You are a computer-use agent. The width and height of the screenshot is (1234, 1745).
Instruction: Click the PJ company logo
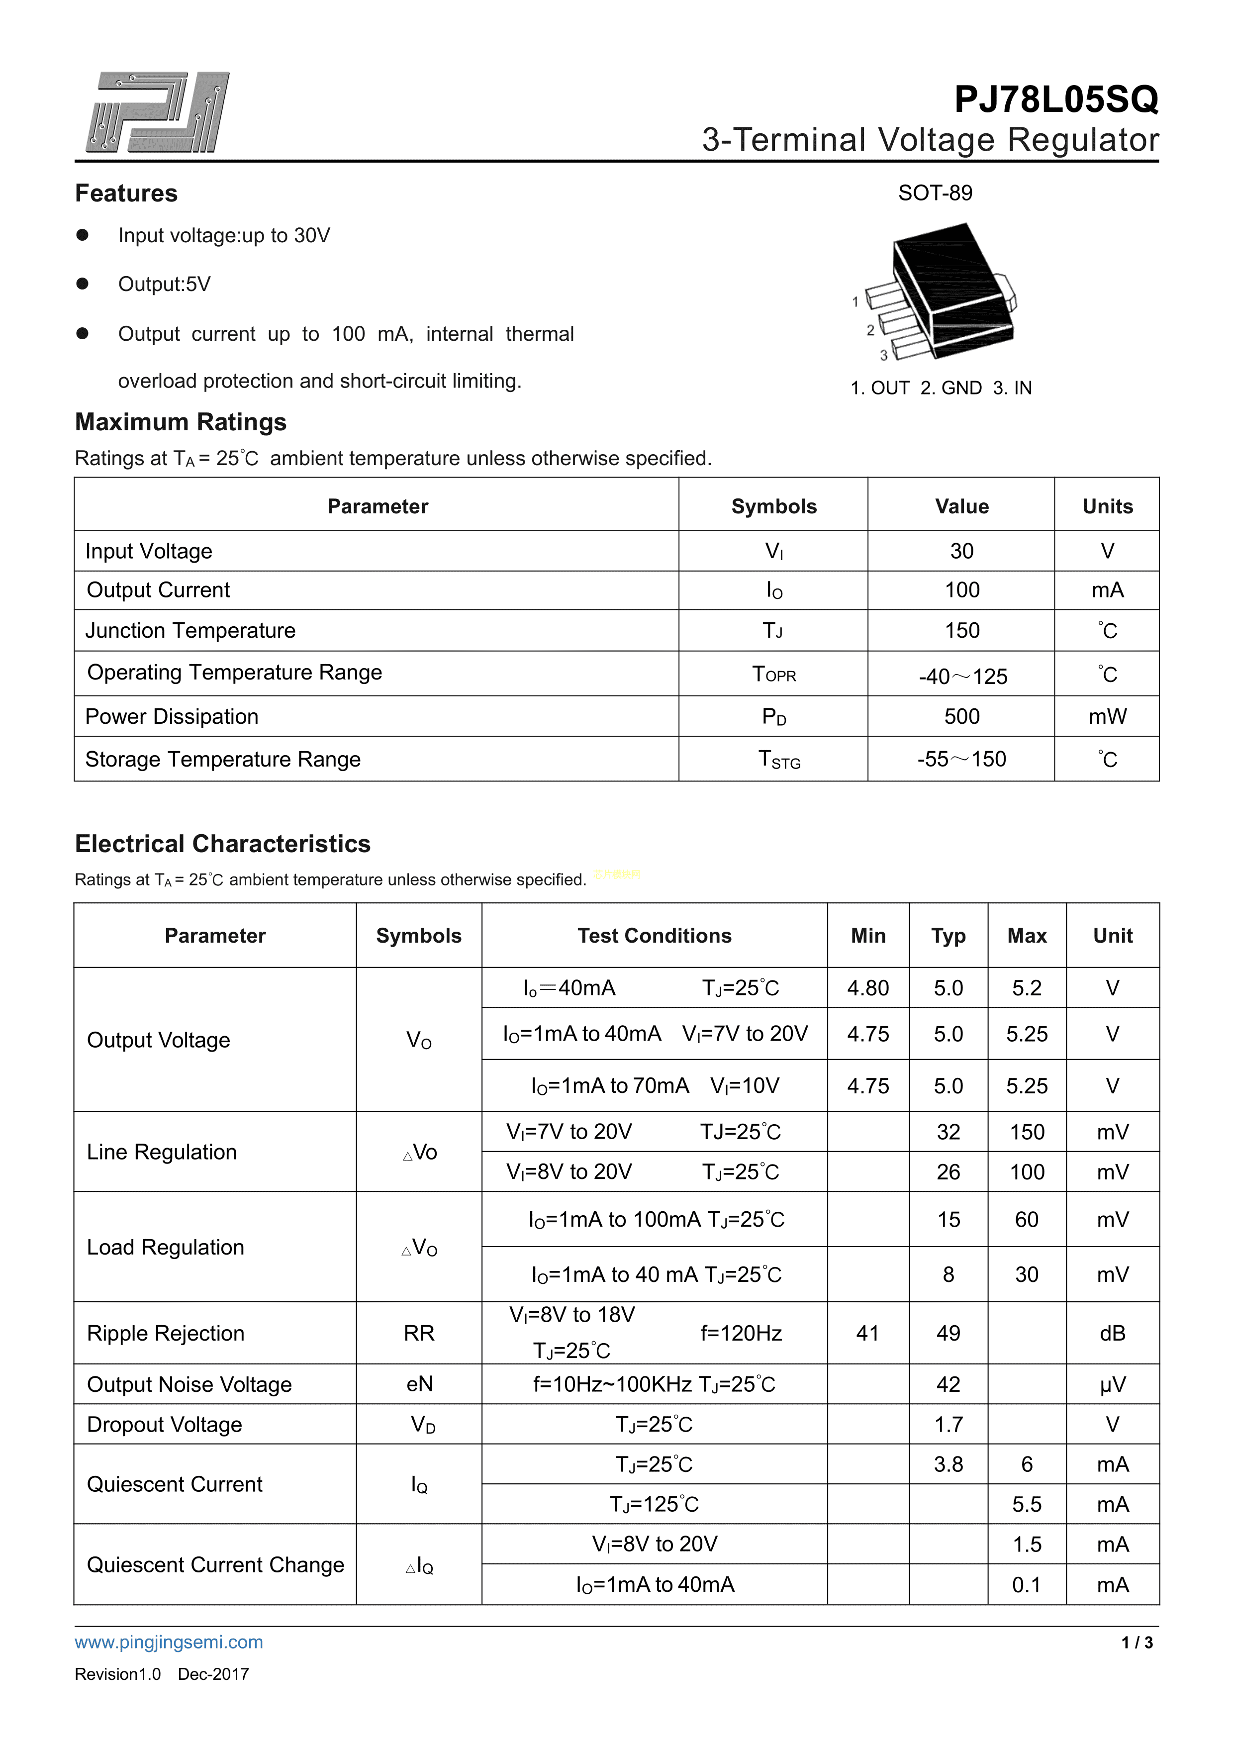pos(157,112)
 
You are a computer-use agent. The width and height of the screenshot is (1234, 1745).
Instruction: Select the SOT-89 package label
pos(935,193)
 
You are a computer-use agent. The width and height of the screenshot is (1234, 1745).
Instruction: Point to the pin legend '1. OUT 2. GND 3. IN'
pos(940,388)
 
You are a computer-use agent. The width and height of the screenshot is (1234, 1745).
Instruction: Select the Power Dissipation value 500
pos(961,717)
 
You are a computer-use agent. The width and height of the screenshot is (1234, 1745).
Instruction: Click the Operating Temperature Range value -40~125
pos(962,676)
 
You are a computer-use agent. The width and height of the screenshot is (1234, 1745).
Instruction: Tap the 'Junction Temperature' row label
pos(190,631)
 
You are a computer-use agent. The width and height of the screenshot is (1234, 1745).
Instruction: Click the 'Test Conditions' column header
pos(654,936)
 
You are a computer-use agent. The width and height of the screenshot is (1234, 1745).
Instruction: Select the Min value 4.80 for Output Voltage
pos(868,988)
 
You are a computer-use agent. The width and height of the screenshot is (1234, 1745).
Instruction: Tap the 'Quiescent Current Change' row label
pos(215,1565)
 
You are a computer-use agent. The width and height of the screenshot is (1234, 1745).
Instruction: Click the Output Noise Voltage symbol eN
pos(419,1384)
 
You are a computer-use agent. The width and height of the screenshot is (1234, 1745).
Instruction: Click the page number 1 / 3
pos(1137,1643)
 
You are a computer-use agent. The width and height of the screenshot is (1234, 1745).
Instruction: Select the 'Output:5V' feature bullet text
pos(164,284)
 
